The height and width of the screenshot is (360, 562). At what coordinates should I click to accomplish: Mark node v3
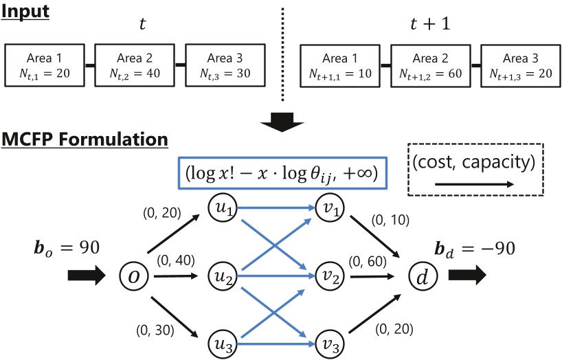[326, 341]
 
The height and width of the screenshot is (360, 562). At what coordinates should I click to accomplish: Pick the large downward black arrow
[282, 120]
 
